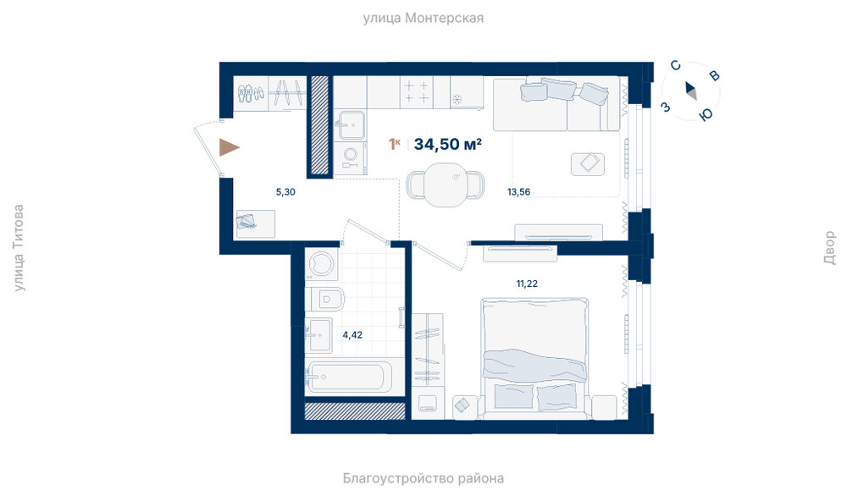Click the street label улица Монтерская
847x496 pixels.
click(x=423, y=19)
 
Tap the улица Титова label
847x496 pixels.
click(x=19, y=248)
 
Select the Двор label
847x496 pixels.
click(x=829, y=248)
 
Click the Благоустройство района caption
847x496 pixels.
click(x=423, y=478)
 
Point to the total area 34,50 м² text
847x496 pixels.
click(x=448, y=144)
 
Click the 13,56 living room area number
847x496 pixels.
click(x=518, y=191)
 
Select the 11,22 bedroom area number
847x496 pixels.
click(x=527, y=284)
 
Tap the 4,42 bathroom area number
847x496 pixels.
click(x=352, y=334)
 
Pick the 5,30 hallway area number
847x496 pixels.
click(x=285, y=191)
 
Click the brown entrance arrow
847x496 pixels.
click(x=228, y=147)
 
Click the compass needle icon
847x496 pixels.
click(x=691, y=91)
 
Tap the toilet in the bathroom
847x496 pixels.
click(x=326, y=299)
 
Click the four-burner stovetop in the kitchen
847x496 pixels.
click(x=417, y=91)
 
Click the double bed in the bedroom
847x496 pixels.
click(x=534, y=358)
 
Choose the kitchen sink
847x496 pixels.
click(x=350, y=125)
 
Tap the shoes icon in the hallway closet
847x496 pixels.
click(x=252, y=93)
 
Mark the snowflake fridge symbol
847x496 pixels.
click(x=457, y=99)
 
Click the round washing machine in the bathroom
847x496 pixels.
click(x=323, y=264)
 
